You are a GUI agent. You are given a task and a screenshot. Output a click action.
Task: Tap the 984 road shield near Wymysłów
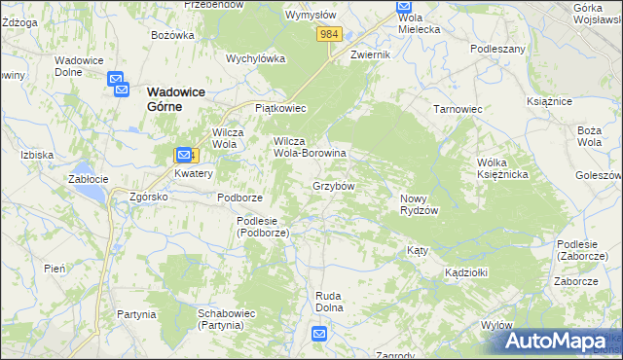coord(329,34)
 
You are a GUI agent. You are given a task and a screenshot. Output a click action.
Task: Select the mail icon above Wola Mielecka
coord(405,7)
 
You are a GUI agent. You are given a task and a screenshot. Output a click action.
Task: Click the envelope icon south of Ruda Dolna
coord(320,334)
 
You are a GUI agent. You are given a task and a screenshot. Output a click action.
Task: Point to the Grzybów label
coord(333,185)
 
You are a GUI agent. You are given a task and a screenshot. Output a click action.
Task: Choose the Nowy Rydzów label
coord(421,204)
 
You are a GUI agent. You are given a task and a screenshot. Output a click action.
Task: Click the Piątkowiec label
coord(280,108)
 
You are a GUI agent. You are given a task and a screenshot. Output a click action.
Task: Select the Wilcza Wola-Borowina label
coord(310,147)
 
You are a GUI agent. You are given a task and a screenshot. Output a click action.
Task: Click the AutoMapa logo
coord(555,342)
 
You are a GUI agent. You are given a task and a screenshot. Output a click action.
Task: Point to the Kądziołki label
coord(465,271)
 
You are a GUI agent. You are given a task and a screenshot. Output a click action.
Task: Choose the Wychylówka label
coord(255,57)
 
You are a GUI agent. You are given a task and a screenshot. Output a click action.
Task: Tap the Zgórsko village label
coord(149,197)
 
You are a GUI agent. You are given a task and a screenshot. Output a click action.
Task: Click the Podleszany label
coord(497,48)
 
